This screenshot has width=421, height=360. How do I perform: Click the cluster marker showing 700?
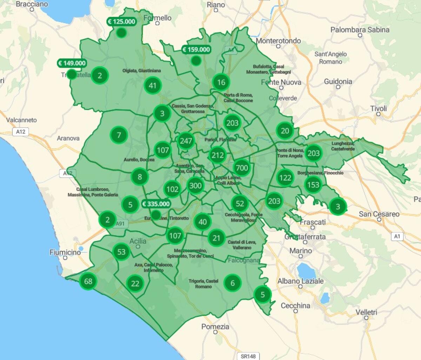(242, 168)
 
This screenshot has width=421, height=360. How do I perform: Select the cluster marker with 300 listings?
(195, 186)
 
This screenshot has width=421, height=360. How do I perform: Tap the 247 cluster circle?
(186, 141)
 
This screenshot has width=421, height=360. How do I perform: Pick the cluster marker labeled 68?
(88, 281)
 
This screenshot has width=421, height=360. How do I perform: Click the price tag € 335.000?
(156, 204)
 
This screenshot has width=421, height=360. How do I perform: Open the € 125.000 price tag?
(121, 22)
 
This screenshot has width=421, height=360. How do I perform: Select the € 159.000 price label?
(196, 50)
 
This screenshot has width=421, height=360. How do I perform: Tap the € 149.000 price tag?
(72, 63)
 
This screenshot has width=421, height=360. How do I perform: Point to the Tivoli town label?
(378, 109)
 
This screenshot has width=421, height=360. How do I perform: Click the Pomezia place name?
(215, 327)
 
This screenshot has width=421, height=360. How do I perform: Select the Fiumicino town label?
(65, 252)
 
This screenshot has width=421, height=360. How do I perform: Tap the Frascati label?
(312, 222)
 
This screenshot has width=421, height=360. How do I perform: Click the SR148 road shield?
(248, 356)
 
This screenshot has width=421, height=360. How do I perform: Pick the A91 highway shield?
(120, 224)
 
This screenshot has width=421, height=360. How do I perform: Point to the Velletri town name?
(366, 312)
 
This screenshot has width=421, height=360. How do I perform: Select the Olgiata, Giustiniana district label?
(142, 70)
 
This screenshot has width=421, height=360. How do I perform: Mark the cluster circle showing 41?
(152, 85)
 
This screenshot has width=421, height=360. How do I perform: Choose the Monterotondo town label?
(278, 41)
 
